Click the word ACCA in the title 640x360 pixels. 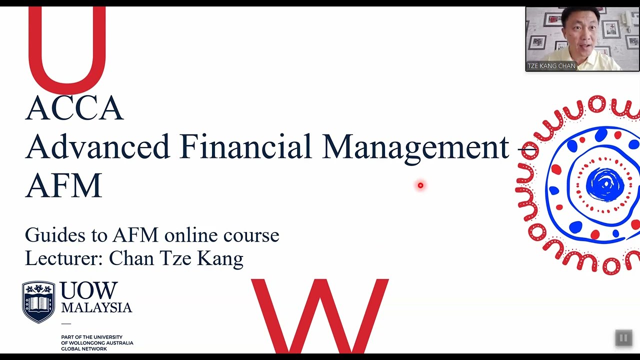click(74, 108)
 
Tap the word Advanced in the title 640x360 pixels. click(98, 147)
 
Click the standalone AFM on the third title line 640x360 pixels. click(63, 185)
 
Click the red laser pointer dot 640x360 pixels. click(420, 185)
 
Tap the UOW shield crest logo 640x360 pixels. click(38, 301)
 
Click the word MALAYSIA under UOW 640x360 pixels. click(96, 307)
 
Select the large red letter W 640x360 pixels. click(320, 315)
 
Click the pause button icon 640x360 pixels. click(623, 338)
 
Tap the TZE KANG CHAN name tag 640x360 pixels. click(551, 66)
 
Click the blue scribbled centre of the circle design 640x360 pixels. click(604, 184)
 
